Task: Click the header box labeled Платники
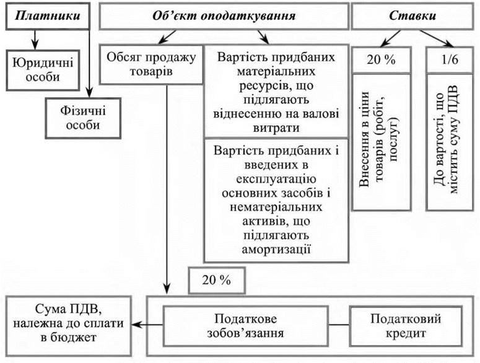click(x=48, y=17)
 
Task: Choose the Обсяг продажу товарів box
click(x=151, y=64)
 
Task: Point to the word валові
click(x=290, y=113)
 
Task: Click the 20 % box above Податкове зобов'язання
click(x=216, y=279)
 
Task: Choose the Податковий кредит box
click(x=406, y=325)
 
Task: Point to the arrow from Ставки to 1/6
click(x=434, y=40)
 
